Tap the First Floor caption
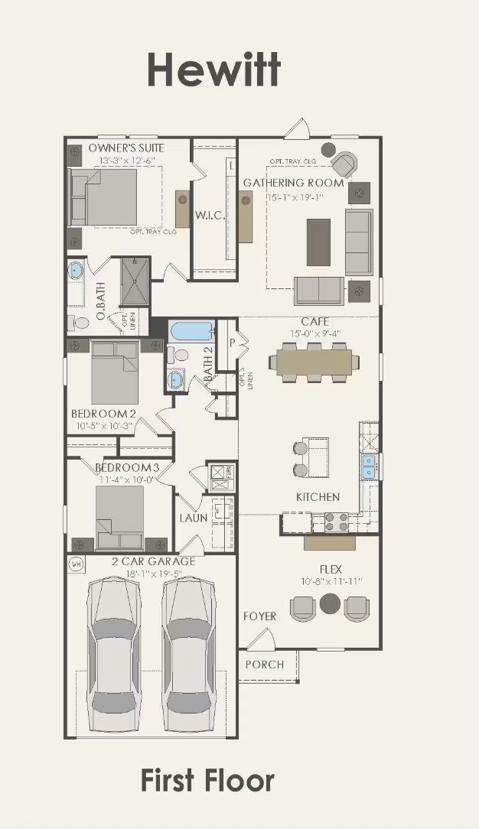tap(207, 781)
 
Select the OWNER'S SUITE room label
tap(126, 148)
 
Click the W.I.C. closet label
tap(210, 216)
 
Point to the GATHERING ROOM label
tap(293, 184)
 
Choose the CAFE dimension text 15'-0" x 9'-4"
tap(314, 333)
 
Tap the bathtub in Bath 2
tap(191, 332)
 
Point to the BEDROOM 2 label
tap(104, 414)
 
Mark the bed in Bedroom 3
tap(119, 516)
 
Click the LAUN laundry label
tap(194, 518)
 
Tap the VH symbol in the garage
tap(76, 564)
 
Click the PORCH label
tap(264, 665)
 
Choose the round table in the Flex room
tap(330, 603)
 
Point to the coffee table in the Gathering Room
tap(319, 242)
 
